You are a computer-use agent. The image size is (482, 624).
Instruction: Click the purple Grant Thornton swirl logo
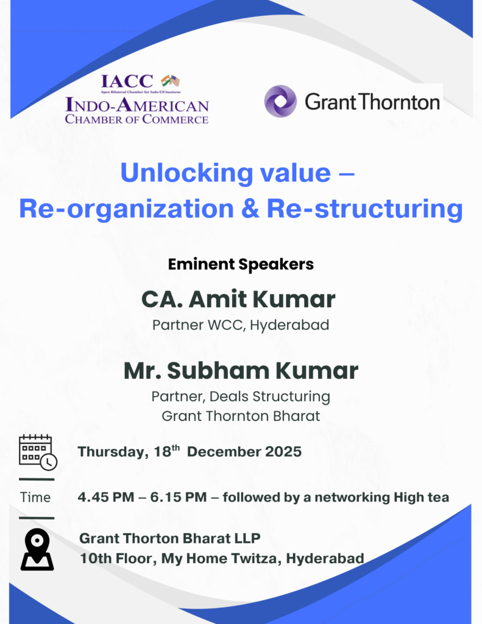(280, 101)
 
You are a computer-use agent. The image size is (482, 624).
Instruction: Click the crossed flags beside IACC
(170, 80)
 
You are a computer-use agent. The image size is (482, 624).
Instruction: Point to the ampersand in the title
(250, 208)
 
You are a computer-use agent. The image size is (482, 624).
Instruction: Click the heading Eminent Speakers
(241, 264)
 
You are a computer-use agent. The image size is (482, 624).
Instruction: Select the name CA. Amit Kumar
(238, 299)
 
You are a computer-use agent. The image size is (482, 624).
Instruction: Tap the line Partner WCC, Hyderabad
(241, 325)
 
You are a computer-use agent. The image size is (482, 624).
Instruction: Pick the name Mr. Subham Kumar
(241, 370)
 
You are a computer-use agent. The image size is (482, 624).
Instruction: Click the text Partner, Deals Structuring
(241, 397)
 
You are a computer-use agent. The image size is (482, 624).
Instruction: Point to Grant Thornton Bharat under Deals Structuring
(241, 416)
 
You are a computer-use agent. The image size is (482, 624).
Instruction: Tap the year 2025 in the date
(282, 452)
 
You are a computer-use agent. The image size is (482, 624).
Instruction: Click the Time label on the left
(35, 497)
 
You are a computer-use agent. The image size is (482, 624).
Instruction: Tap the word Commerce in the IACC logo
(175, 119)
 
